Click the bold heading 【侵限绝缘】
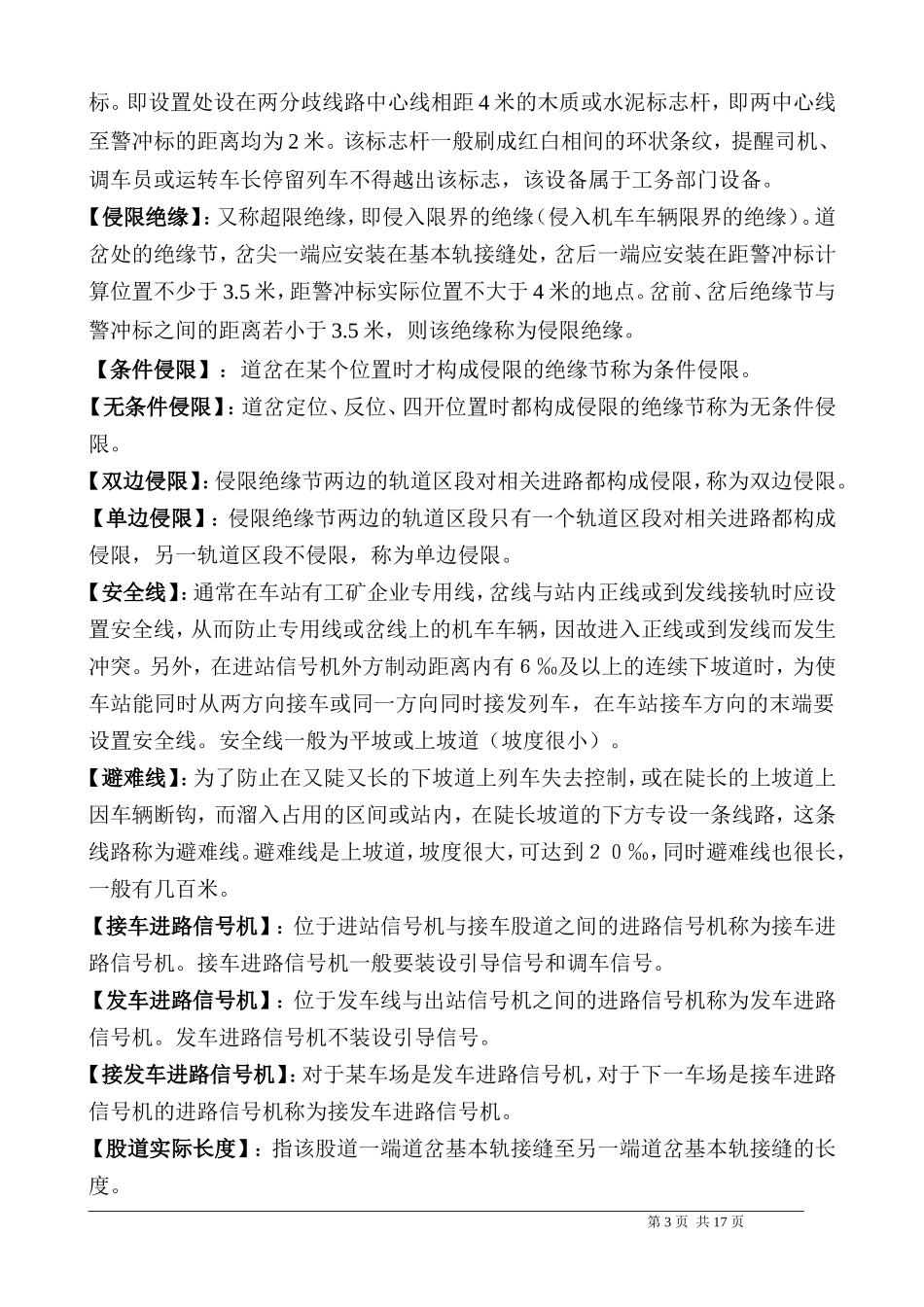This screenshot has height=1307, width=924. tap(146, 217)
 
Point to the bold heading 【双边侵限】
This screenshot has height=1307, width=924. tap(146, 480)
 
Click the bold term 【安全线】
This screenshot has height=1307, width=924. tap(135, 592)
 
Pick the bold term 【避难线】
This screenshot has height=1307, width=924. tap(135, 778)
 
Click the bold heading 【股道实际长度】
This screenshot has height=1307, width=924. tap(170, 1148)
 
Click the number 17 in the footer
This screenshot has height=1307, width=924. tap(721, 1222)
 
